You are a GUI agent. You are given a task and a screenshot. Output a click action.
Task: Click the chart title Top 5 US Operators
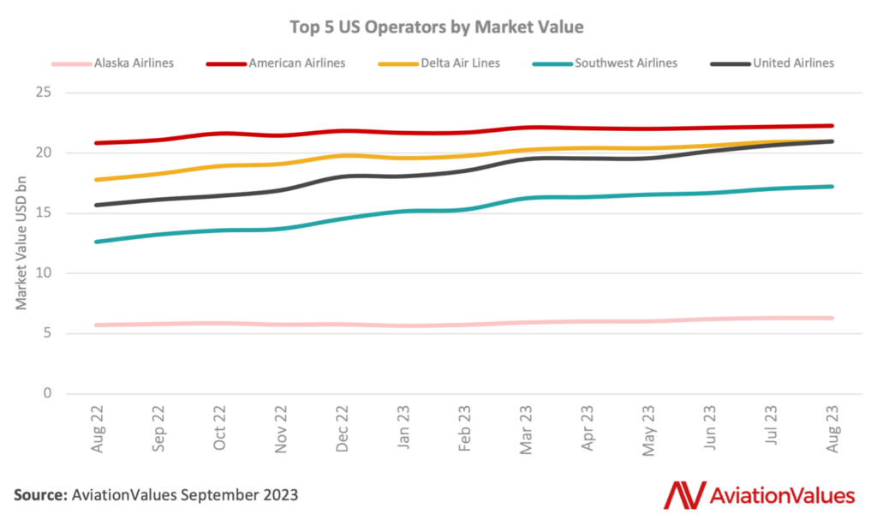coord(438,27)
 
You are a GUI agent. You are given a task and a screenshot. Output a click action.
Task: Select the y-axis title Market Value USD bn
coord(21,242)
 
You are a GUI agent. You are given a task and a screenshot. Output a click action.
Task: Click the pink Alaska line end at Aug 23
coord(831,318)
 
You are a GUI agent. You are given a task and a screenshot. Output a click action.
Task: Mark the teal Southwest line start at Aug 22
coord(97,242)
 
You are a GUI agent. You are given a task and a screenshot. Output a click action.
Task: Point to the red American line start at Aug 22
coord(97,143)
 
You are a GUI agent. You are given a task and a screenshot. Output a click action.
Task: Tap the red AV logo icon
coord(683,495)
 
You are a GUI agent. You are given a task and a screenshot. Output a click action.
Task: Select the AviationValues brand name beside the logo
coord(782,495)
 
